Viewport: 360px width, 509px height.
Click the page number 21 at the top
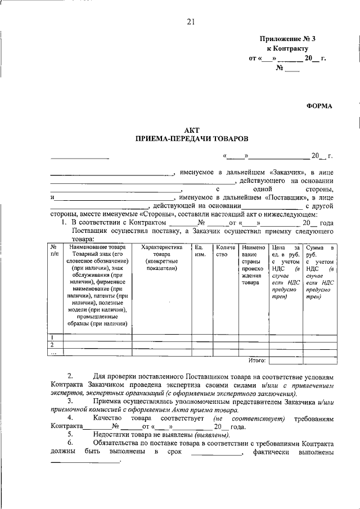point(191,22)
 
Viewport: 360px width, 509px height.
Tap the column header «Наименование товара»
point(94,247)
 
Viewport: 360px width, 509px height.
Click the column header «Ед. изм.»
point(200,250)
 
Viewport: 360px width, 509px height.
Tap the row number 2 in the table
point(52,344)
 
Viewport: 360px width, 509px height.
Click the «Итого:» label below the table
point(256,359)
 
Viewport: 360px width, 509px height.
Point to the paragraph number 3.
point(69,402)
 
